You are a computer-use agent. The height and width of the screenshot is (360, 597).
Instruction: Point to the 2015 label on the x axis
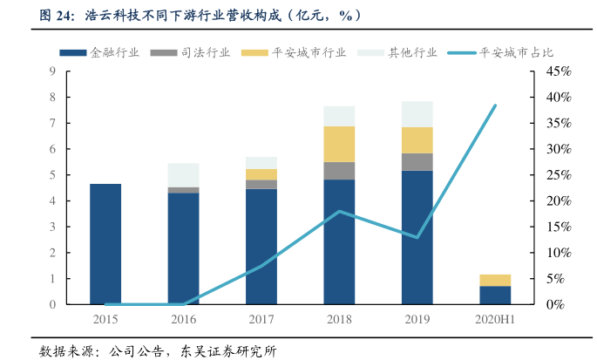pyautogui.click(x=105, y=320)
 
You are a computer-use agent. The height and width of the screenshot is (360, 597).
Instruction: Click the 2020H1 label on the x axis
pyautogui.click(x=495, y=320)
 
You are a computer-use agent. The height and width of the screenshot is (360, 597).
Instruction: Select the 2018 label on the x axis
pyautogui.click(x=339, y=320)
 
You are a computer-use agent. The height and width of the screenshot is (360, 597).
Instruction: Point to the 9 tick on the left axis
pyautogui.click(x=53, y=71)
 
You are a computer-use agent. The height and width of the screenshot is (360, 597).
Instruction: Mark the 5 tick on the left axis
pyautogui.click(x=53, y=175)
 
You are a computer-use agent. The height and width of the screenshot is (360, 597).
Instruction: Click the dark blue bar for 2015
pyautogui.click(x=105, y=244)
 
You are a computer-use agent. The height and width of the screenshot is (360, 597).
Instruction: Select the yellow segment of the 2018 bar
pyautogui.click(x=339, y=144)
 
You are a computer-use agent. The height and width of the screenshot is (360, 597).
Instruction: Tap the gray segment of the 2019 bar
pyautogui.click(x=417, y=161)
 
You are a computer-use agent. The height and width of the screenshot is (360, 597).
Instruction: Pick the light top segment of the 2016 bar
pyautogui.click(x=183, y=174)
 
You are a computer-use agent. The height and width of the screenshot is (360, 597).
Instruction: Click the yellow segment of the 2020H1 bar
pyautogui.click(x=495, y=280)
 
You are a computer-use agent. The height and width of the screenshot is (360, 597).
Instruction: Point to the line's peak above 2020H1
pyautogui.click(x=495, y=105)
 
